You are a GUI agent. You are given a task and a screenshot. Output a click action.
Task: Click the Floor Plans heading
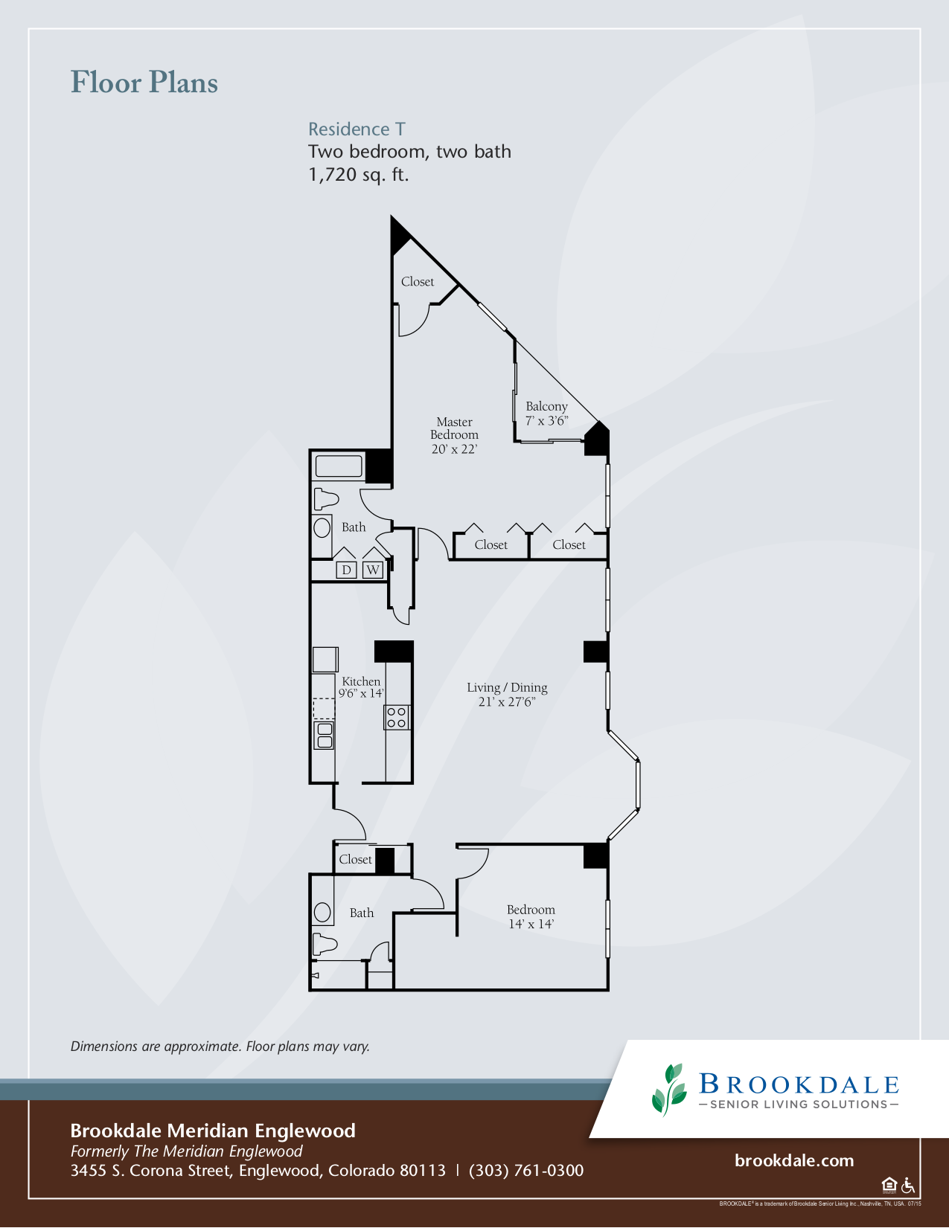pyautogui.click(x=144, y=83)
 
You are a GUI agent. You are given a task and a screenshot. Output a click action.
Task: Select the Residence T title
pyautogui.click(x=357, y=129)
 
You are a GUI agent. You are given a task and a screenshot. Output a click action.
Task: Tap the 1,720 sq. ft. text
pyautogui.click(x=358, y=176)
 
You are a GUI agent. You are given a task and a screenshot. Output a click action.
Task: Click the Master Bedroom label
pyautogui.click(x=454, y=434)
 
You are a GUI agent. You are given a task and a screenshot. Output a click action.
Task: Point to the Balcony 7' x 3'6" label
pyautogui.click(x=546, y=414)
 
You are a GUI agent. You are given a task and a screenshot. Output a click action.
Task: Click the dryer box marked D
pyautogui.click(x=346, y=570)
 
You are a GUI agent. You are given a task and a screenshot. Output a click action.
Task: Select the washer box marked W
pyautogui.click(x=373, y=570)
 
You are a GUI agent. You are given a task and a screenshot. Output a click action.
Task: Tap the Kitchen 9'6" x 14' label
pyautogui.click(x=361, y=687)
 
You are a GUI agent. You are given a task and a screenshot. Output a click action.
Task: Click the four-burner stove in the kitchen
pyautogui.click(x=397, y=718)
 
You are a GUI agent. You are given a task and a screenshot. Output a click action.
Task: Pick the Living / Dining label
pyautogui.click(x=507, y=695)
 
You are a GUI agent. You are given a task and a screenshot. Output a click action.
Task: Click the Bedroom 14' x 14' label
pyautogui.click(x=531, y=916)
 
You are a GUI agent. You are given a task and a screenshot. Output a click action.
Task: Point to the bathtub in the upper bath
pyautogui.click(x=339, y=466)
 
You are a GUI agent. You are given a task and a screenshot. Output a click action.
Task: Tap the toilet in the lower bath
pyautogui.click(x=325, y=945)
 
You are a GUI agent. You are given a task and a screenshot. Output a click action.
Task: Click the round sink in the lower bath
pyautogui.click(x=322, y=912)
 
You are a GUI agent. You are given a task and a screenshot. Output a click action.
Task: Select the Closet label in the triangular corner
pyautogui.click(x=417, y=282)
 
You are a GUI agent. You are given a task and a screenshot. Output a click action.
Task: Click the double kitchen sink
pyautogui.click(x=324, y=735)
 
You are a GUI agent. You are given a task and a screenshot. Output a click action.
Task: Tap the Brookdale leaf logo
pyautogui.click(x=668, y=1090)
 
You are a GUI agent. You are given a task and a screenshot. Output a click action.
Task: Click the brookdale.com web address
pyautogui.click(x=793, y=1161)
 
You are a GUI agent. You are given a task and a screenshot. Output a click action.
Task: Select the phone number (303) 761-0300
pyautogui.click(x=525, y=1171)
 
